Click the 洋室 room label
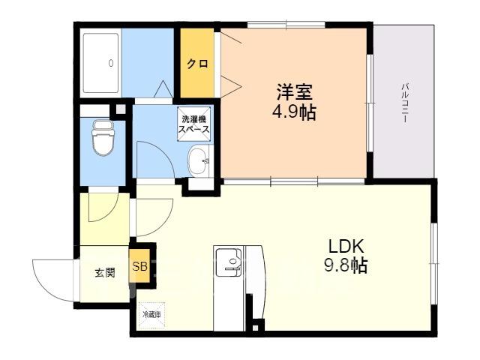(294, 91)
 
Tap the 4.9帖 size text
(294, 112)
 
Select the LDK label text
(346, 247)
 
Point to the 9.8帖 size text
(346, 265)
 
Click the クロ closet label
(197, 64)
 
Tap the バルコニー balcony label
(405, 103)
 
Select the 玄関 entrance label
(105, 272)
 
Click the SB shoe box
(139, 265)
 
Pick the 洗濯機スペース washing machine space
(194, 124)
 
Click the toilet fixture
(103, 138)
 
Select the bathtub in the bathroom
(100, 63)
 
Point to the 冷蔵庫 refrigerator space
(151, 315)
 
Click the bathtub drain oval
(110, 63)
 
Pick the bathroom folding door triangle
(163, 89)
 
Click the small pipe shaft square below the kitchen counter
(255, 328)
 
